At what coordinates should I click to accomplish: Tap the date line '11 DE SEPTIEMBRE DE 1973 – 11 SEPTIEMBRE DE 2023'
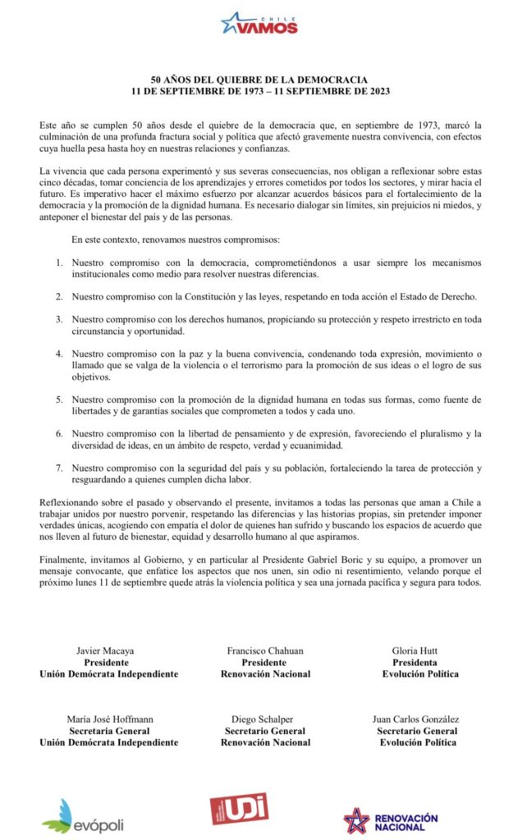(x=264, y=89)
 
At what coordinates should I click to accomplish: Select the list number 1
(x=59, y=262)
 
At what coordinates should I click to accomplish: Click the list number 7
(x=59, y=468)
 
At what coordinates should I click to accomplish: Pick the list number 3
(x=59, y=318)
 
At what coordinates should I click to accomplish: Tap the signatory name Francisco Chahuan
(x=265, y=651)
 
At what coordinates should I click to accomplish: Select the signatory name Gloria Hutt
(x=415, y=651)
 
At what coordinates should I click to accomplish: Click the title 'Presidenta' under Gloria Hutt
(x=415, y=662)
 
